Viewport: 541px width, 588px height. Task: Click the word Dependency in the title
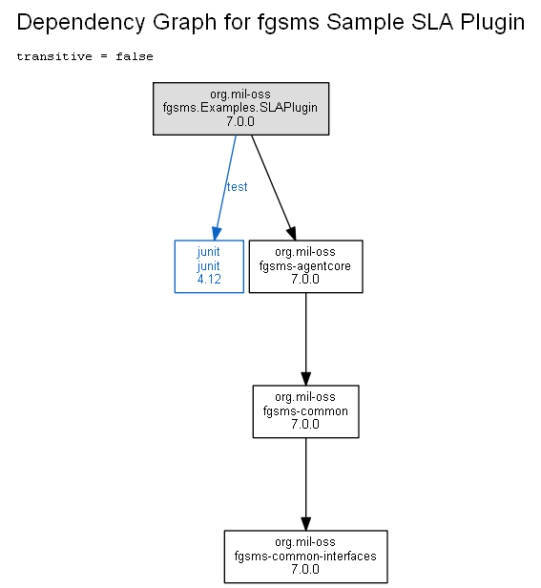(x=80, y=23)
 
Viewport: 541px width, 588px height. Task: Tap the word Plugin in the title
(x=492, y=23)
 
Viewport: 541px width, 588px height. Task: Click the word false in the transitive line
(x=135, y=56)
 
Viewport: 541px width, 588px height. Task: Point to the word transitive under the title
(x=54, y=56)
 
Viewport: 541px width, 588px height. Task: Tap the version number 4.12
(x=209, y=280)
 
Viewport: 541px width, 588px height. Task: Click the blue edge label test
(x=237, y=187)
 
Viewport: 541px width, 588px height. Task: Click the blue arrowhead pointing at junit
(x=217, y=233)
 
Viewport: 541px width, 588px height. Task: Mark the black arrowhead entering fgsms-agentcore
(x=292, y=233)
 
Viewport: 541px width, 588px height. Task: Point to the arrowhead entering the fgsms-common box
(x=306, y=378)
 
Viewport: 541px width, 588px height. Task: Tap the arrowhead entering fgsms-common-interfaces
(x=306, y=523)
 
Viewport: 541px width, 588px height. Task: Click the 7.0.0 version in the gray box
(x=240, y=121)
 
